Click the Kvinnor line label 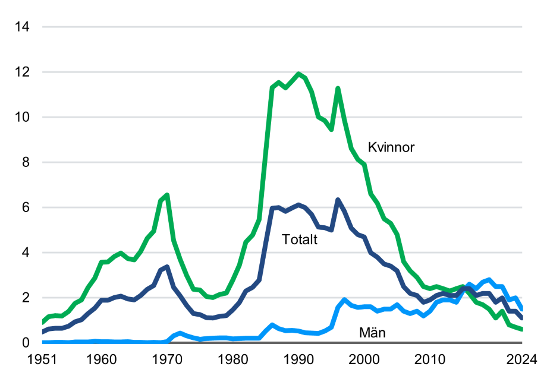[x=391, y=147]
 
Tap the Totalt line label [x=300, y=240]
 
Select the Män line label [x=372, y=333]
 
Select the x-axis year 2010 [x=430, y=359]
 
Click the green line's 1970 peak [x=167, y=195]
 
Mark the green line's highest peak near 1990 [x=298, y=74]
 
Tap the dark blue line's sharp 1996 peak [x=338, y=200]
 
